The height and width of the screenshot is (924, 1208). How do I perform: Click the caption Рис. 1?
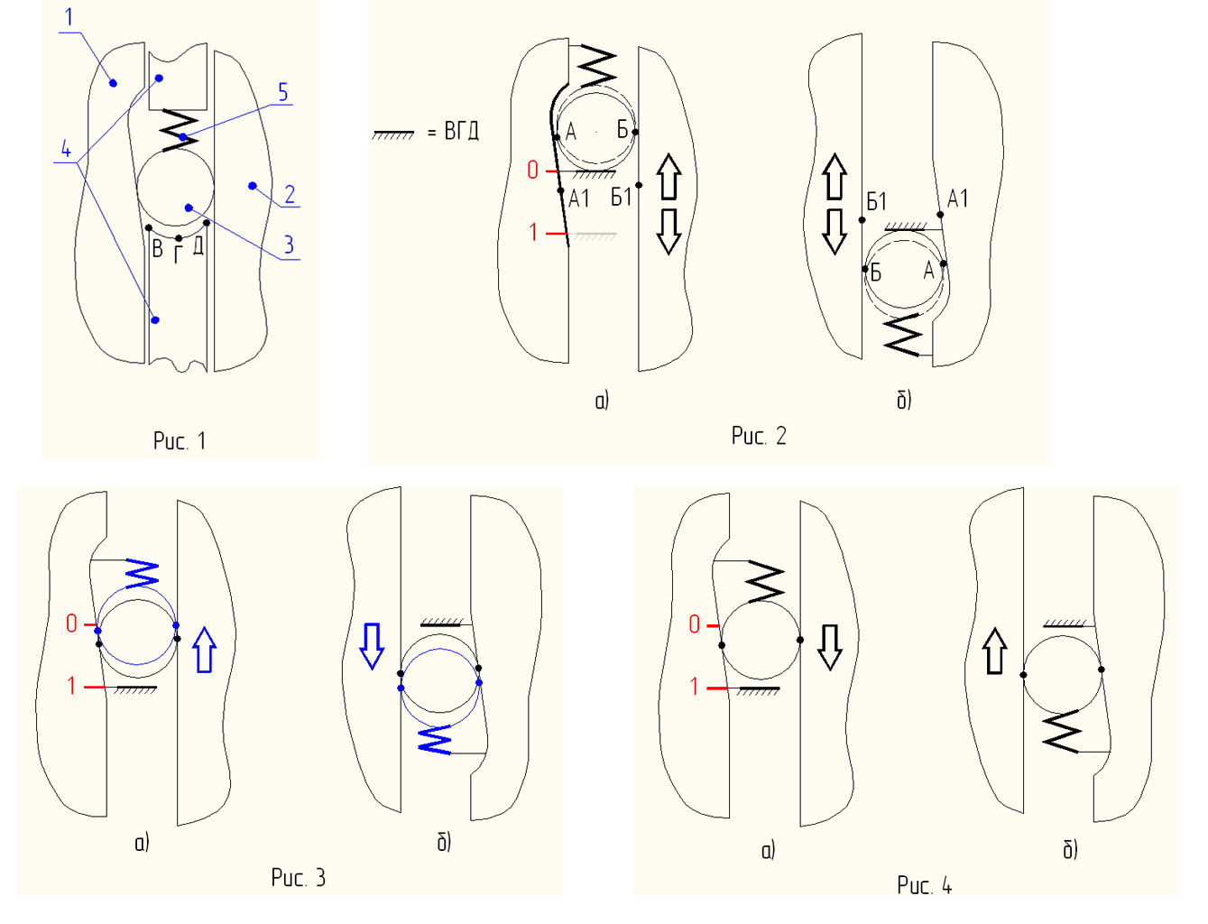180,441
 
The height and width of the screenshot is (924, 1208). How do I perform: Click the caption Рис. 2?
759,437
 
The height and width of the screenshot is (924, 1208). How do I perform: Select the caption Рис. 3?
298,878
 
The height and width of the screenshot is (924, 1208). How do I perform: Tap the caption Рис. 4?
924,885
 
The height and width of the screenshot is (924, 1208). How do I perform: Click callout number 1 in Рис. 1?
69,17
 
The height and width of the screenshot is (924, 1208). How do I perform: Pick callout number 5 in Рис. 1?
282,92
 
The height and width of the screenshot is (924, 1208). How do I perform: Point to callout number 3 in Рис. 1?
289,245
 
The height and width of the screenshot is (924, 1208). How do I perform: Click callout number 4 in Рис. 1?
66,150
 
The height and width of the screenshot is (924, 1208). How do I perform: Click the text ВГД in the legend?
461,132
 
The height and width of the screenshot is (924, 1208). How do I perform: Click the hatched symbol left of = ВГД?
393,134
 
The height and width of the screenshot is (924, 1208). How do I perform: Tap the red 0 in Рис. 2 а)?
532,170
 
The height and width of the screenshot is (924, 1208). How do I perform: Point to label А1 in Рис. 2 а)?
579,199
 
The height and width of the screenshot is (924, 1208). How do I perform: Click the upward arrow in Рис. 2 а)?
669,177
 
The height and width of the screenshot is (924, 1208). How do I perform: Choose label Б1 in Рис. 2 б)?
876,201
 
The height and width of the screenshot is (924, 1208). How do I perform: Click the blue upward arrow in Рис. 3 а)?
205,650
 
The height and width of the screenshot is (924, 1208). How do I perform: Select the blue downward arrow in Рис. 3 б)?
372,645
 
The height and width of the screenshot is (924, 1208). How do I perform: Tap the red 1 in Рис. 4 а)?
694,687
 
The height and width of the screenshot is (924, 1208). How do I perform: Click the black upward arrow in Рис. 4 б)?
994,651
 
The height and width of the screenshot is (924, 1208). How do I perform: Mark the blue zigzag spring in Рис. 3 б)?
435,739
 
